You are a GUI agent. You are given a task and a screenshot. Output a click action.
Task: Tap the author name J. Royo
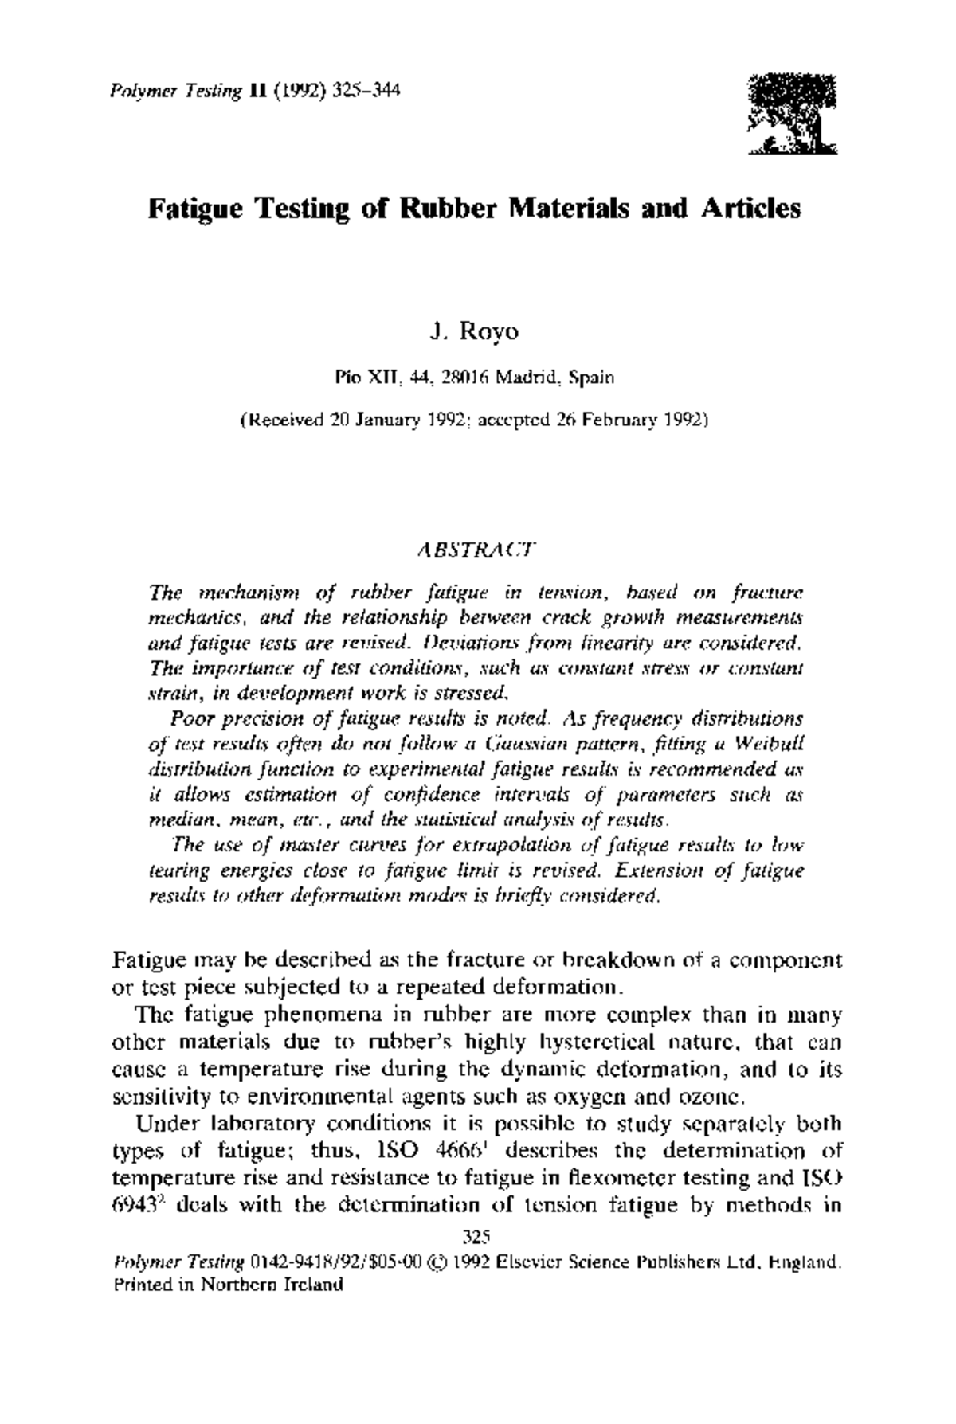pos(474,331)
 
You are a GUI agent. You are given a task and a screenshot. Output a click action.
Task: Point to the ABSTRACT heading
pos(476,550)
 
